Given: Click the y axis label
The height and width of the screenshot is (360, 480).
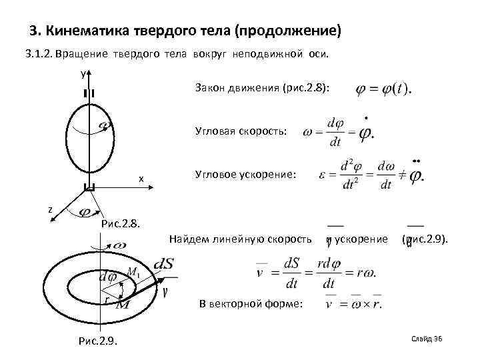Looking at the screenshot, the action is (83, 74).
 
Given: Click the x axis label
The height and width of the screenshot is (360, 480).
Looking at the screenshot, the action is (141, 179).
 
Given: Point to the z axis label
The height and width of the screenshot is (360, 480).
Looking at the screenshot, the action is (49, 210).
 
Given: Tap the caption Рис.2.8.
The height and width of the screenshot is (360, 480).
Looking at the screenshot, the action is (120, 223).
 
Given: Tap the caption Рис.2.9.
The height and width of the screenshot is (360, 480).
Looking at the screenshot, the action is (97, 341).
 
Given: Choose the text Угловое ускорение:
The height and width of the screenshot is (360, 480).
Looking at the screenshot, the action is (245, 175).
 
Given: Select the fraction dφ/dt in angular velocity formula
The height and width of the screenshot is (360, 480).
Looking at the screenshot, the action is (335, 132).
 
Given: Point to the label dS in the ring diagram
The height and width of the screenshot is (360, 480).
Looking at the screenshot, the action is (163, 265).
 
